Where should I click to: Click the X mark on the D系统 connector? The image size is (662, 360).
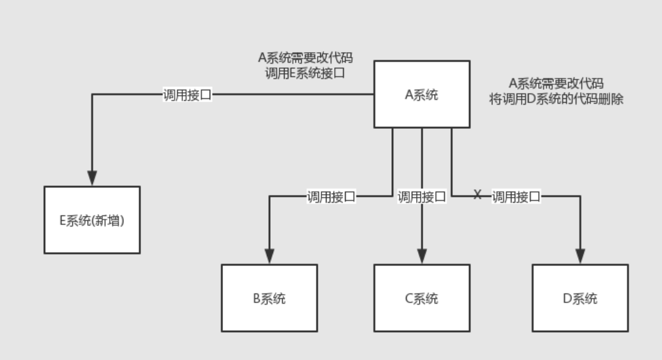tap(478, 194)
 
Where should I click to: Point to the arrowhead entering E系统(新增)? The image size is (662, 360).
tap(92, 178)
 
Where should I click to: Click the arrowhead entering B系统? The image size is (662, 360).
tap(269, 256)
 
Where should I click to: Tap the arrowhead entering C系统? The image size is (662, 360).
tap(422, 256)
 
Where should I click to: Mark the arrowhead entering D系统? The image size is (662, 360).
tap(580, 256)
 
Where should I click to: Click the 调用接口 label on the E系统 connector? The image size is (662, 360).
tap(187, 95)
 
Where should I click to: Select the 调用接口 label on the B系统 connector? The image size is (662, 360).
tap(331, 197)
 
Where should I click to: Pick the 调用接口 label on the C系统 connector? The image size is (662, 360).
tap(422, 197)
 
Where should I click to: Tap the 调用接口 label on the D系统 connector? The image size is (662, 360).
tap(516, 197)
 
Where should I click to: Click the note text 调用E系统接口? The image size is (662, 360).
tap(305, 72)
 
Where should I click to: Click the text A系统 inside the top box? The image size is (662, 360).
tap(422, 95)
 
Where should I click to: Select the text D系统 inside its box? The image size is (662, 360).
tap(580, 298)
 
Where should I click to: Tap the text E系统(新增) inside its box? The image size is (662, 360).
tap(92, 221)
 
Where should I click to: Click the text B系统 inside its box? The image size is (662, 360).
tap(269, 298)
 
